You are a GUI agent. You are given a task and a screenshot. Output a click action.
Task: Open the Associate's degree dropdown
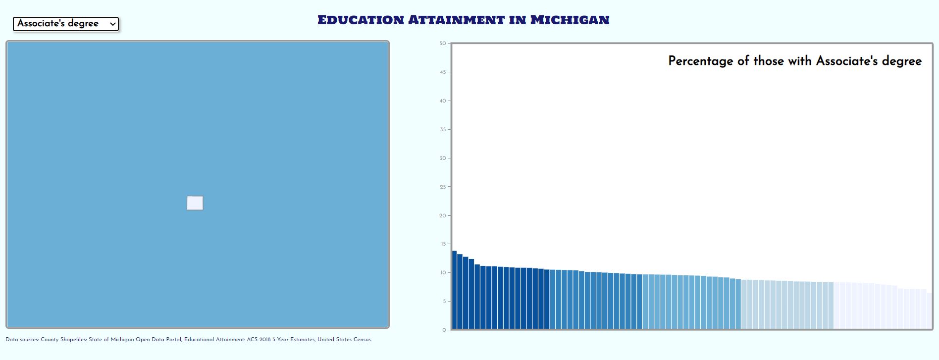[66, 24]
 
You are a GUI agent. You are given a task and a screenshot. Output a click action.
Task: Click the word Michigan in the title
[570, 20]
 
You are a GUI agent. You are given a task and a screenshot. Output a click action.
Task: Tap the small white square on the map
[195, 203]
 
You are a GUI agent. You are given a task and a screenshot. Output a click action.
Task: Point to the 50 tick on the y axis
[442, 44]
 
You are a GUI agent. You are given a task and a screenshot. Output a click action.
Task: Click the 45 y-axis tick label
[442, 72]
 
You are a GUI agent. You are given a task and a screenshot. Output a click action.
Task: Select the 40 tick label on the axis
[442, 101]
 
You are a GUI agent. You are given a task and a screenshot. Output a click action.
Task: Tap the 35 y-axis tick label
[442, 130]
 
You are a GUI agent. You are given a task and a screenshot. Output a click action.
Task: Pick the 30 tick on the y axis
[442, 158]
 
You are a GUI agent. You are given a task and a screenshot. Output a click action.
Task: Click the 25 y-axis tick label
[442, 187]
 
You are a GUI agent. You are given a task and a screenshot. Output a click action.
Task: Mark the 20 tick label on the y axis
[442, 216]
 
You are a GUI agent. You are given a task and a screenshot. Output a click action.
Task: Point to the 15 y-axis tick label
[442, 244]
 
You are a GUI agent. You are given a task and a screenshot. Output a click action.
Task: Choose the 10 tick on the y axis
[442, 273]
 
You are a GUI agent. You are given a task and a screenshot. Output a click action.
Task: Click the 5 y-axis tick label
[444, 302]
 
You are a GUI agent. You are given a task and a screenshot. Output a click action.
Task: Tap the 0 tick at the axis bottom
[444, 330]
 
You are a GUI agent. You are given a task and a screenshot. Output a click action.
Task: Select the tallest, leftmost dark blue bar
[454, 290]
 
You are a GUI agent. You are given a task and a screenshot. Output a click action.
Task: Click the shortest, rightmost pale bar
[930, 311]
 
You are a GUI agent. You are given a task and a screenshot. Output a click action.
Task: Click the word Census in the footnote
[361, 340]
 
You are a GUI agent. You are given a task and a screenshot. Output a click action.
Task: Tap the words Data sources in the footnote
[22, 340]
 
